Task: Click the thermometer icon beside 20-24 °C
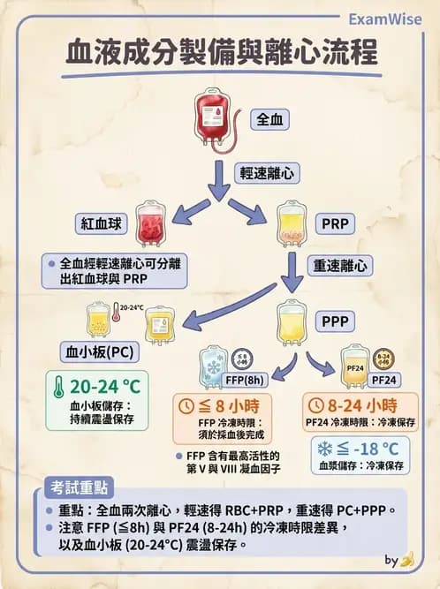(x=58, y=389)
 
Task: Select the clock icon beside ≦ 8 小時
(x=186, y=406)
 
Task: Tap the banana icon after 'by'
(x=407, y=559)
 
